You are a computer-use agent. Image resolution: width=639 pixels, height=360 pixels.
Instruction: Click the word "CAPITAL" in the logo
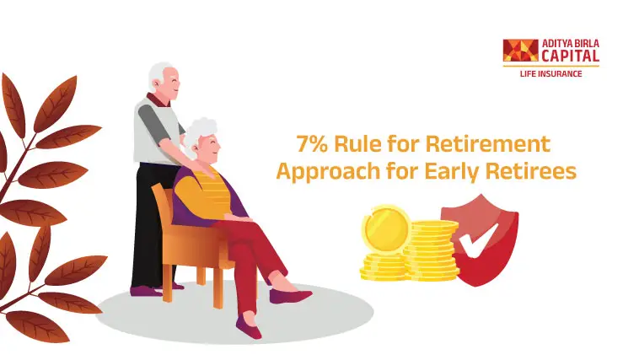click(571, 56)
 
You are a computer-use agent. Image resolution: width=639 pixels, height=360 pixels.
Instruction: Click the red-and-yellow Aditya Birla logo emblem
click(519, 51)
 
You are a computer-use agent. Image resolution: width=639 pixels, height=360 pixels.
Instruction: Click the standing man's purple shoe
click(146, 291)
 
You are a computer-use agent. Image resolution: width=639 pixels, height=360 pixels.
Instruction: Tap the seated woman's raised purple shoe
click(291, 296)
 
